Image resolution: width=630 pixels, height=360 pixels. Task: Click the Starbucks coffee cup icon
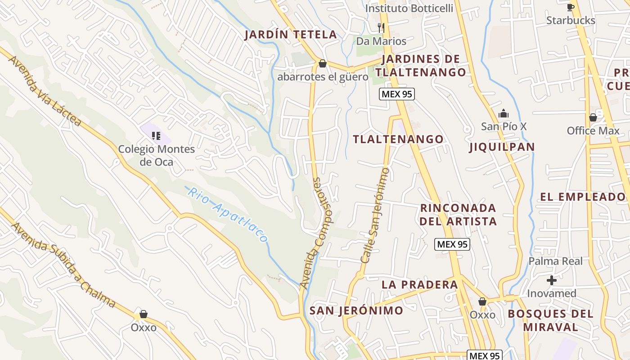(x=571, y=7)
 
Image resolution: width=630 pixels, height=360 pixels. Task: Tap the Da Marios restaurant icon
(x=381, y=28)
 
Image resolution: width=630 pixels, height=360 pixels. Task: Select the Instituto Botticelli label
(x=409, y=9)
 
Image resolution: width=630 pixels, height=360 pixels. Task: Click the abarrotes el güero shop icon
(x=322, y=63)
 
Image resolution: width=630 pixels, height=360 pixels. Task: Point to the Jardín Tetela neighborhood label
(x=290, y=35)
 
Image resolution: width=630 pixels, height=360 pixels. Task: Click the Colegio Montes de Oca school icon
(x=156, y=135)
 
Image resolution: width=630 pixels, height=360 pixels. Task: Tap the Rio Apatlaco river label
(x=228, y=215)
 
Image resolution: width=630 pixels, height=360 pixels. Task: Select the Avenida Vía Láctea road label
(x=45, y=91)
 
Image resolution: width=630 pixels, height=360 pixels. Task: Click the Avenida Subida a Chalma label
(x=63, y=265)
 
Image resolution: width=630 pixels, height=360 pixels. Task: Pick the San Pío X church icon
(x=504, y=113)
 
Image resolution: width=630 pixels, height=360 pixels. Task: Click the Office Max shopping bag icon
(x=593, y=117)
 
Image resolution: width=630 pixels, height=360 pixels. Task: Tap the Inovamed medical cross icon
(x=551, y=280)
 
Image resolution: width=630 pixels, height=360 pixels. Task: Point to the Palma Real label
(x=555, y=261)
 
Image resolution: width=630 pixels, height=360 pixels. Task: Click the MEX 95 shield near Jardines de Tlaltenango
(x=396, y=94)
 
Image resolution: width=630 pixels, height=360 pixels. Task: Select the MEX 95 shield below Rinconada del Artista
(x=452, y=244)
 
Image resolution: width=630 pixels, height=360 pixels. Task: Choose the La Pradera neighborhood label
(x=419, y=284)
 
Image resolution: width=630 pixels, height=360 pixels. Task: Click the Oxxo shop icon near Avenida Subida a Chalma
(x=143, y=314)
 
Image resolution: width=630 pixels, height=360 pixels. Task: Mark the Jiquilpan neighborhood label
(x=502, y=147)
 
